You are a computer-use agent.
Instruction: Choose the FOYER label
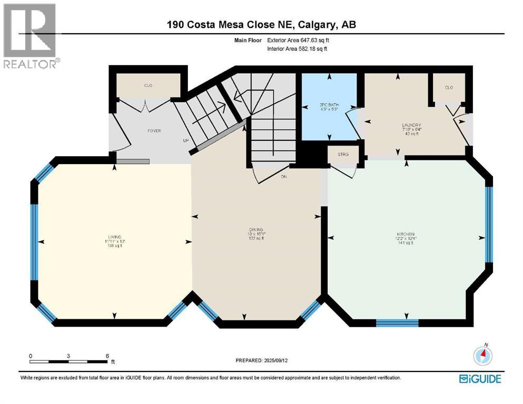[x=154, y=131]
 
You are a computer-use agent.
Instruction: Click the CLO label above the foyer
[x=149, y=86]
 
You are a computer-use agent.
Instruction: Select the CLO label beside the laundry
[x=449, y=88]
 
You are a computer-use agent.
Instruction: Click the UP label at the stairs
[x=185, y=141]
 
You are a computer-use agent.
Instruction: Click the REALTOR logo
[x=30, y=36]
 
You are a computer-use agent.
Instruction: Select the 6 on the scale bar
[x=107, y=356]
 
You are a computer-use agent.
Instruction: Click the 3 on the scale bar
[x=68, y=356]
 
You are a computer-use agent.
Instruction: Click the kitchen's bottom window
[x=397, y=322]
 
